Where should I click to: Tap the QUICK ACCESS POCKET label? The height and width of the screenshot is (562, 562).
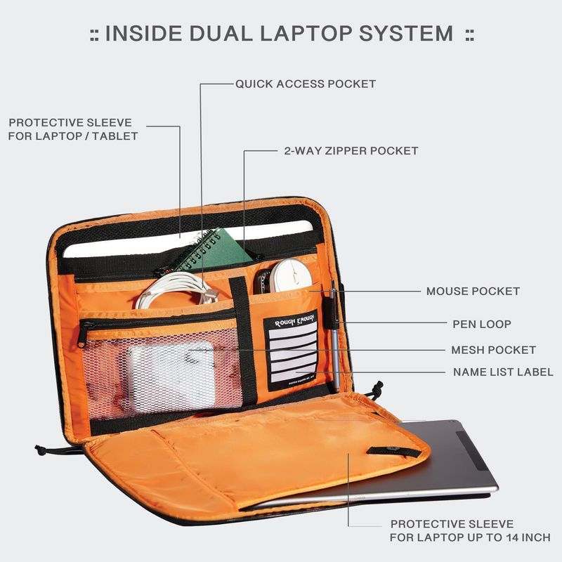[x=305, y=84]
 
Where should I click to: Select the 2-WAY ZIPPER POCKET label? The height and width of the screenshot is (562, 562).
[x=351, y=150]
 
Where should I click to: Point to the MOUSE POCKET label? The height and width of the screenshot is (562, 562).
[x=473, y=291]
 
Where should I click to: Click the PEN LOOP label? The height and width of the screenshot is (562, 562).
[x=481, y=324]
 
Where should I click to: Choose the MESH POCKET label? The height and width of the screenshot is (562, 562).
[x=493, y=350]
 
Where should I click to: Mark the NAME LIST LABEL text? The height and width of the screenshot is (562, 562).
[x=502, y=372]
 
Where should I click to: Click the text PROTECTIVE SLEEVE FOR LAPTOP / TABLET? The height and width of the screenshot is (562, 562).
[x=73, y=129]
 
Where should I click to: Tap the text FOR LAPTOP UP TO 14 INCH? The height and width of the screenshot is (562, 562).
[x=470, y=537]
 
